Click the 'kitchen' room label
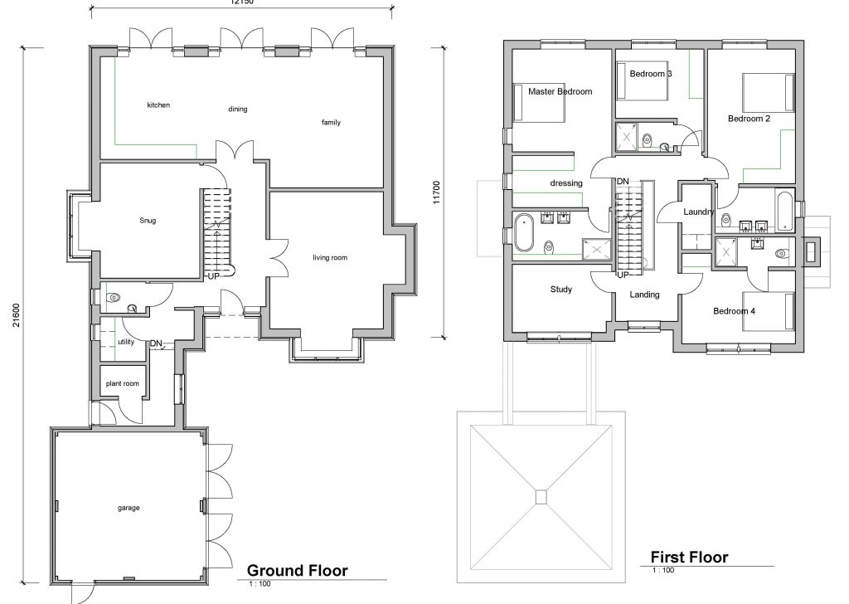pyautogui.click(x=158, y=105)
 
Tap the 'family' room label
pyautogui.click(x=331, y=123)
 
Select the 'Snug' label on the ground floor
pyautogui.click(x=148, y=221)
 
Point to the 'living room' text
pyautogui.click(x=329, y=258)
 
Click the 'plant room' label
pyautogui.click(x=122, y=384)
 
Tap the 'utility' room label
pyautogui.click(x=126, y=341)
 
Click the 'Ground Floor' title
pyautogui.click(x=298, y=570)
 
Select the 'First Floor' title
pyautogui.click(x=689, y=557)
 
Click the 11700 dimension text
pyautogui.click(x=434, y=192)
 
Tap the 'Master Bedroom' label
pyautogui.click(x=560, y=92)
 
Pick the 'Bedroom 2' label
pyautogui.click(x=749, y=119)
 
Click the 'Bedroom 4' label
pyautogui.click(x=735, y=311)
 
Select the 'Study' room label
pyautogui.click(x=561, y=290)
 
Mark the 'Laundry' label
pyautogui.click(x=698, y=212)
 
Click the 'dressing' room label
pyautogui.click(x=566, y=183)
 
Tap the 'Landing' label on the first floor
pyautogui.click(x=644, y=295)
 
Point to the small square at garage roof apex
pyautogui.click(x=541, y=496)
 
